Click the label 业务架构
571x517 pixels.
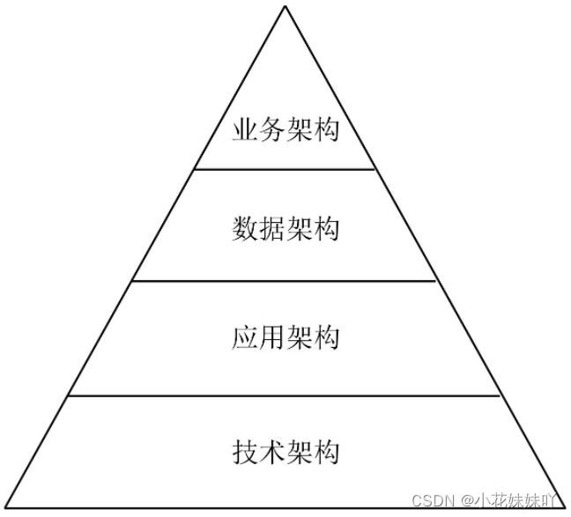[285, 132]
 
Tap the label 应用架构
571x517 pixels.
[285, 336]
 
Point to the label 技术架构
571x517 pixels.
[285, 453]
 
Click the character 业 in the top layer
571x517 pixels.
[246, 132]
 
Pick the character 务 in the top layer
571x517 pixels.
[272, 132]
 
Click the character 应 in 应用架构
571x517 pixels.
[246, 336]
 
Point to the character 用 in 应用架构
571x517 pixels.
[272, 336]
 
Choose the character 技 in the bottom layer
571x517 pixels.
[246, 453]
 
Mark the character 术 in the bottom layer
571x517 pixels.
[272, 453]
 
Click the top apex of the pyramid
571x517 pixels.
[285, 6]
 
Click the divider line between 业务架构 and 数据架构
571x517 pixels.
[285, 169]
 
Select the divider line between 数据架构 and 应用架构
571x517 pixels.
[285, 281]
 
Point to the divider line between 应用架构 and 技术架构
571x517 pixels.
[285, 396]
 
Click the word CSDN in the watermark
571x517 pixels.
[432, 499]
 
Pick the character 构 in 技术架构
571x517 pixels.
[325, 453]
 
